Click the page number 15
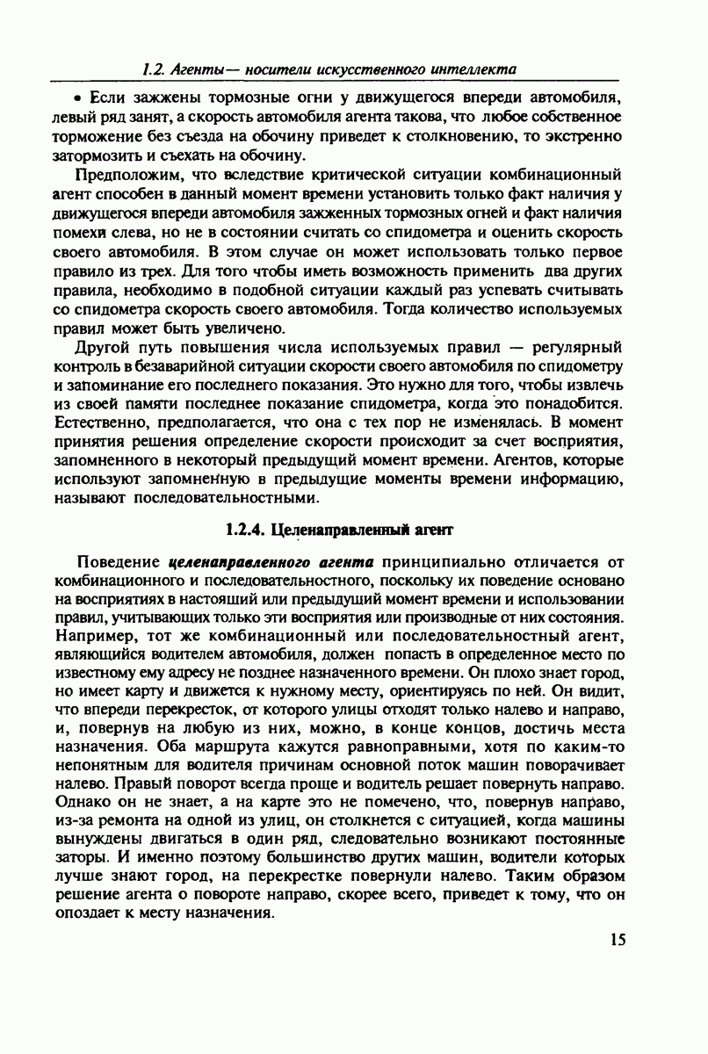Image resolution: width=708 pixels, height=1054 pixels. pos(616,941)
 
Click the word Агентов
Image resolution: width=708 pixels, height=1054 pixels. pos(495,460)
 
